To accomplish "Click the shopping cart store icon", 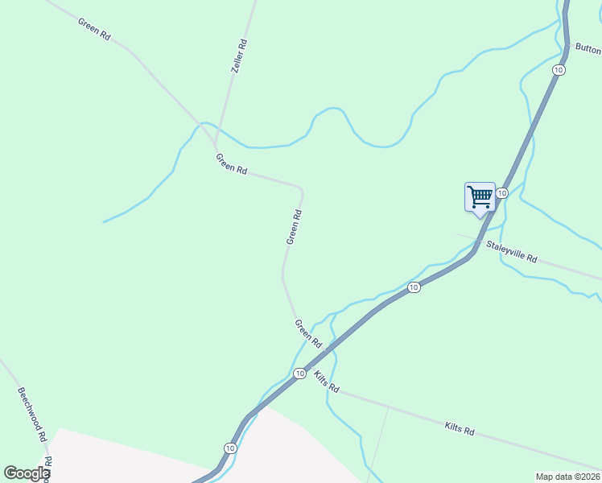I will [x=480, y=196].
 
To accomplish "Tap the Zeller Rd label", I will [x=238, y=56].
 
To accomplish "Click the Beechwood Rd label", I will [x=31, y=414].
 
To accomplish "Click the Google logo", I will [x=27, y=473].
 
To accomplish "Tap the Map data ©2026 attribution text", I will [x=567, y=477].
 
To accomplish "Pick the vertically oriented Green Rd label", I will [x=294, y=227].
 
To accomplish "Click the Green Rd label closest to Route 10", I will [x=308, y=333].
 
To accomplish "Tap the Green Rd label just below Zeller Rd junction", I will [x=231, y=163].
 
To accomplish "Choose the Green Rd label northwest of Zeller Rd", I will [x=94, y=26].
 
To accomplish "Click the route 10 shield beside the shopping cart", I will [x=501, y=193].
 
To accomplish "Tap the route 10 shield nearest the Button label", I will [x=559, y=70].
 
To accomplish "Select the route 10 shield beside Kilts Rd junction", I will [x=299, y=373].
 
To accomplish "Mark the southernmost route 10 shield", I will [x=230, y=448].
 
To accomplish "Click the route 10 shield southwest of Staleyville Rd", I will [x=413, y=287].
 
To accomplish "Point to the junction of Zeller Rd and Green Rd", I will [x=216, y=147].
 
